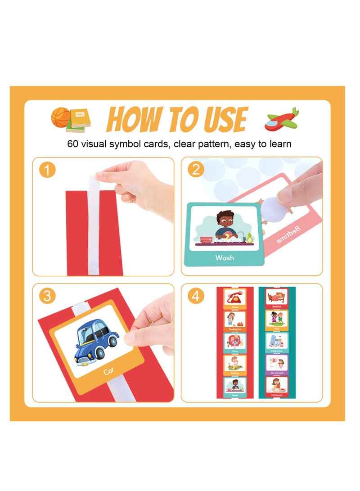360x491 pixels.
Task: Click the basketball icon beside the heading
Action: tap(60, 117)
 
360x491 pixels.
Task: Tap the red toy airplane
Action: tap(282, 120)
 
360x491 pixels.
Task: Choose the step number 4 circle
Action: tap(196, 297)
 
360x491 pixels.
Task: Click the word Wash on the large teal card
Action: tap(225, 257)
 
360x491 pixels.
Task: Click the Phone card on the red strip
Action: tap(235, 299)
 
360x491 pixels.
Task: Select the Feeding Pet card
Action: tap(235, 321)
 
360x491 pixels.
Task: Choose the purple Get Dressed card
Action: tap(276, 365)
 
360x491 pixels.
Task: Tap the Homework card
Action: tap(276, 386)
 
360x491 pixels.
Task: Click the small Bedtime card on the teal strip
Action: tap(276, 299)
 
